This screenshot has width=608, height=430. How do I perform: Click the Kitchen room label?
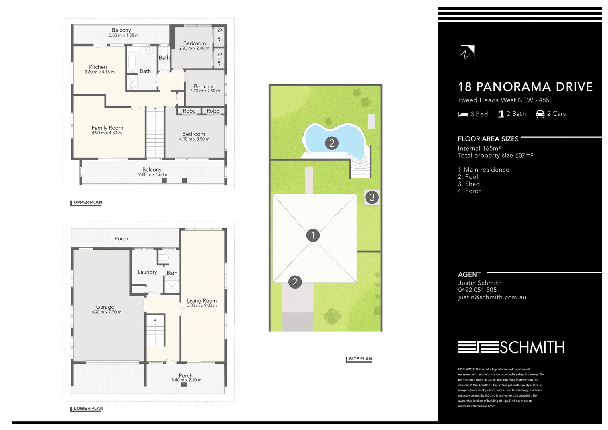pyautogui.click(x=98, y=67)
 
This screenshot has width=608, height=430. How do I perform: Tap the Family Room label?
pyautogui.click(x=107, y=128)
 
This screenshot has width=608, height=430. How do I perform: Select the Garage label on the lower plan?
pyautogui.click(x=105, y=307)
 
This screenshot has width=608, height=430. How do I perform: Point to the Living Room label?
pyautogui.click(x=202, y=301)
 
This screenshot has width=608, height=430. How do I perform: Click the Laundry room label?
pyautogui.click(x=147, y=272)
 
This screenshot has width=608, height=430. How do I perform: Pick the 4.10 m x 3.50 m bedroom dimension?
pyautogui.click(x=194, y=139)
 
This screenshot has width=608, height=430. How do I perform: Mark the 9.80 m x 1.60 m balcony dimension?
pyautogui.click(x=153, y=174)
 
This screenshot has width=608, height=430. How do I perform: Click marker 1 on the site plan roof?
pyautogui.click(x=313, y=235)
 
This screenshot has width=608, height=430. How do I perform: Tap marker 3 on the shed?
pyautogui.click(x=372, y=197)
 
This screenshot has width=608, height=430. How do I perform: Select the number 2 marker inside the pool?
pyautogui.click(x=332, y=143)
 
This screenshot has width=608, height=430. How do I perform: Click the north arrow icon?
pyautogui.click(x=467, y=53)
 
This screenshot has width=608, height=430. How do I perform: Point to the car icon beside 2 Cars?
pyautogui.click(x=540, y=114)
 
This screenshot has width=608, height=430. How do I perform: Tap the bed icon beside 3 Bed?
pyautogui.click(x=463, y=114)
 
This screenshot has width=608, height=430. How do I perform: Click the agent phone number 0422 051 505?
pyautogui.click(x=477, y=290)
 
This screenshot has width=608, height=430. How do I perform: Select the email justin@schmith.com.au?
pyautogui.click(x=492, y=297)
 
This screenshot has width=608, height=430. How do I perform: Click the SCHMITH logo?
pyautogui.click(x=511, y=347)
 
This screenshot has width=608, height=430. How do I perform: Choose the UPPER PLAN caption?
pyautogui.click(x=88, y=202)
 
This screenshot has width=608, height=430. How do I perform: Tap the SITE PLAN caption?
pyautogui.click(x=360, y=359)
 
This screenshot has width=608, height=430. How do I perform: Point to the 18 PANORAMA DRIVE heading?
pyautogui.click(x=525, y=87)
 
